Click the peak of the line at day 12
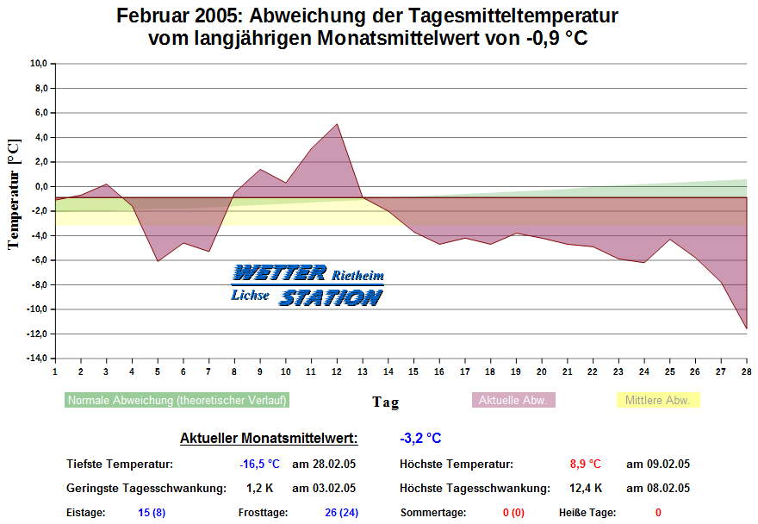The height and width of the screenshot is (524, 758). click(x=337, y=124)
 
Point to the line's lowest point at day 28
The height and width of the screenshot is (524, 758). click(x=746, y=328)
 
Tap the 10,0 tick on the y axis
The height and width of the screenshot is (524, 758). click(x=38, y=63)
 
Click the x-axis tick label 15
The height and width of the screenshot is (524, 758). click(x=413, y=371)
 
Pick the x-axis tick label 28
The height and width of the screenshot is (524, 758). click(x=746, y=371)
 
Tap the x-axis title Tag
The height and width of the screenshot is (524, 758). click(x=385, y=402)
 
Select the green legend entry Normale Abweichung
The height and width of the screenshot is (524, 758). click(x=177, y=400)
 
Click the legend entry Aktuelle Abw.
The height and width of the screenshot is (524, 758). click(x=513, y=400)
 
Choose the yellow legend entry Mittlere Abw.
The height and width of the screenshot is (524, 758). click(x=658, y=400)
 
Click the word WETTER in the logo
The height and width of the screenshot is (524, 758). click(x=279, y=274)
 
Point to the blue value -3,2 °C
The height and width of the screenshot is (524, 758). click(x=420, y=439)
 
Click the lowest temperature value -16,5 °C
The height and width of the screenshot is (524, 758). click(x=259, y=465)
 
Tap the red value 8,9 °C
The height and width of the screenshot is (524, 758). click(x=585, y=465)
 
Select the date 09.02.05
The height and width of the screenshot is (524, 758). click(x=657, y=465)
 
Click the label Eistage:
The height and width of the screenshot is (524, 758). click(x=85, y=513)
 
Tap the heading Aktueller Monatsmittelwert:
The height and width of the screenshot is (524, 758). click(x=268, y=439)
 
